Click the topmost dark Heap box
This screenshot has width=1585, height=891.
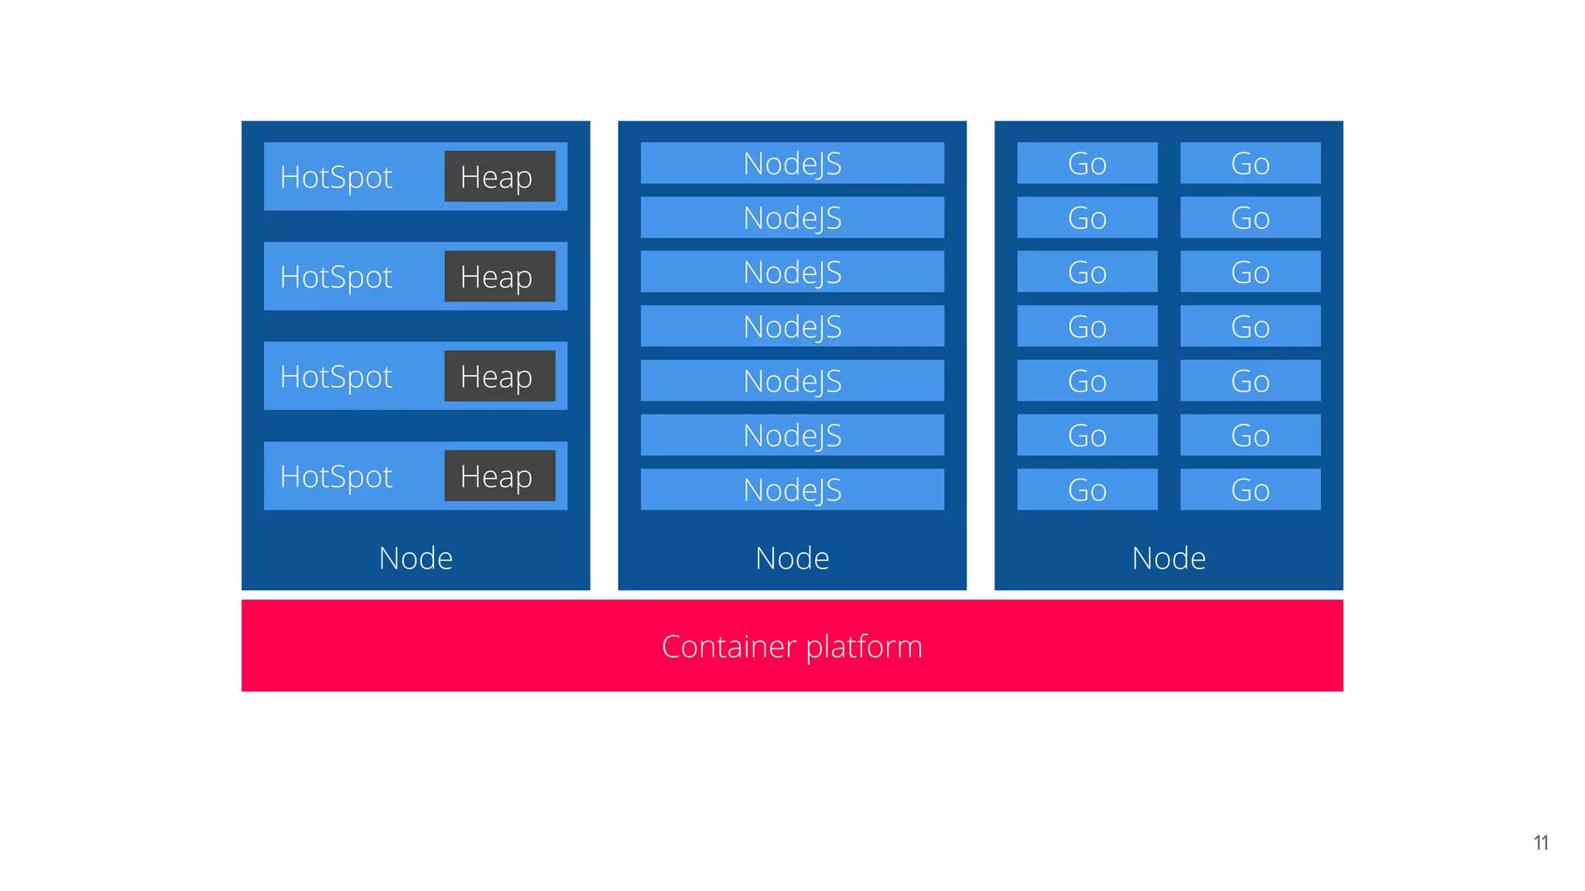click(x=499, y=176)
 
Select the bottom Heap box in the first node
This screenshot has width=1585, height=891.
click(x=499, y=476)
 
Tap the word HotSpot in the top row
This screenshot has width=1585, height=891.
click(x=336, y=177)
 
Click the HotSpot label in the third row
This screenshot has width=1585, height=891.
click(x=336, y=377)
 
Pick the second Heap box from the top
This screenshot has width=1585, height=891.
click(x=499, y=276)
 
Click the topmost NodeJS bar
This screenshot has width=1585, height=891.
click(x=792, y=163)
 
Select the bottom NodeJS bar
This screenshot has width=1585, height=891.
click(x=792, y=490)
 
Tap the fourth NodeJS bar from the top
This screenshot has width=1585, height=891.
click(x=792, y=326)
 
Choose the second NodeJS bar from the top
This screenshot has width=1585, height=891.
click(x=792, y=217)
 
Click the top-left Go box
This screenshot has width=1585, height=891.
click(x=1087, y=163)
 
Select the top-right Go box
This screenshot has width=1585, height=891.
click(x=1250, y=163)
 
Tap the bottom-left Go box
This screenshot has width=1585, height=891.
click(x=1087, y=490)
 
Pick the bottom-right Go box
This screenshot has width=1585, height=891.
click(x=1250, y=490)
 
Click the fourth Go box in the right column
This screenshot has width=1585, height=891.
click(x=1250, y=326)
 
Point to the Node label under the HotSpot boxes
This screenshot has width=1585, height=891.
click(x=416, y=558)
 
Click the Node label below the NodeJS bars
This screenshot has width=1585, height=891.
click(x=792, y=558)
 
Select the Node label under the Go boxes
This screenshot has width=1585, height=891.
click(x=1169, y=558)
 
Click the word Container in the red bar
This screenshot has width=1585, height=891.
click(x=728, y=646)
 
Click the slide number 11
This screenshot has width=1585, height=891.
click(x=1540, y=842)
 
